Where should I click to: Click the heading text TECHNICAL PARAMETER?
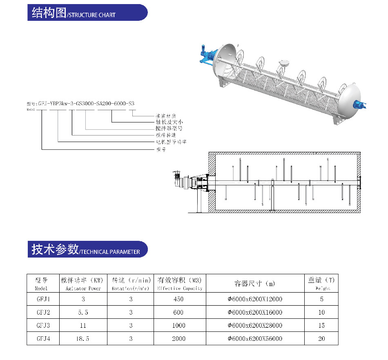click(110, 252)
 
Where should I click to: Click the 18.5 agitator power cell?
click(83, 338)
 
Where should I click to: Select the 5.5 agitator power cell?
click(83, 312)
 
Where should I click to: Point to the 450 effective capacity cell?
click(178, 299)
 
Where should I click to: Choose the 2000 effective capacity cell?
click(178, 338)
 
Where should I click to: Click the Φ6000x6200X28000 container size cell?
click(255, 325)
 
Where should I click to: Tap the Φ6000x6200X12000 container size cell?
click(255, 299)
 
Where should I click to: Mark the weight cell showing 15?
click(322, 325)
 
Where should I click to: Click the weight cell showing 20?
click(322, 338)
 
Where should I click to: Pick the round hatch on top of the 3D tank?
click(283, 63)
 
